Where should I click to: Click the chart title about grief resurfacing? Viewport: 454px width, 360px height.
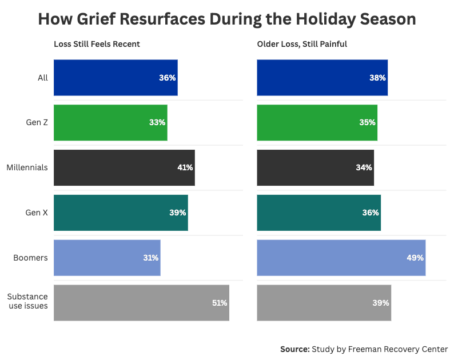[x=226, y=19]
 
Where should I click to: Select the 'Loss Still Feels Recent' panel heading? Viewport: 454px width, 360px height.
[x=97, y=44]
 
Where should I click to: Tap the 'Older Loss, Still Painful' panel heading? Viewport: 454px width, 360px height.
[x=302, y=44]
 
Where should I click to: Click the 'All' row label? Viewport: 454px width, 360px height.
[x=42, y=78]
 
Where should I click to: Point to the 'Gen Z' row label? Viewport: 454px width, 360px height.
[x=37, y=123]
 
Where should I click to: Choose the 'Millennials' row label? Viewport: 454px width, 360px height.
[x=27, y=167]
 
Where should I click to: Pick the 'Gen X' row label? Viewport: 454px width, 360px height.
[x=37, y=213]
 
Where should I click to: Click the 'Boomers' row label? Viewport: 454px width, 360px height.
[x=30, y=258]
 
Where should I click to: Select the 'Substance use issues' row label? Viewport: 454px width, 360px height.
[x=27, y=301]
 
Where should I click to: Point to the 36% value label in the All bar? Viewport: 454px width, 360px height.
[x=167, y=78]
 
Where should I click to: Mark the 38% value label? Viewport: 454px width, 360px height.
[x=377, y=78]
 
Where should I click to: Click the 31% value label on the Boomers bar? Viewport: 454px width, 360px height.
[x=150, y=258]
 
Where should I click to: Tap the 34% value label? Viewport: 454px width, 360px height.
[x=364, y=167]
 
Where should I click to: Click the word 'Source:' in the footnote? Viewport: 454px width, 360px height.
[x=294, y=349]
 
